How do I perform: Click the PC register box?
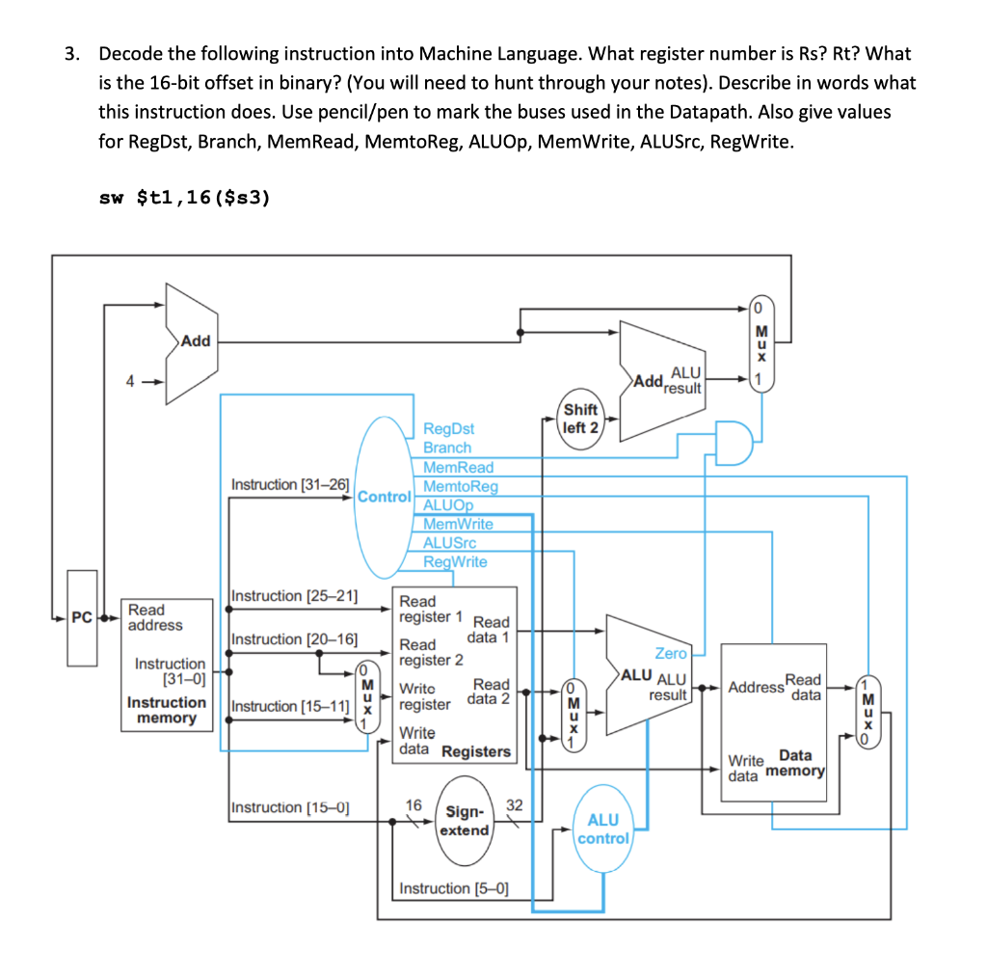[x=82, y=617]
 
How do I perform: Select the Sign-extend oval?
[x=466, y=822]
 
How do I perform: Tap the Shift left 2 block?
[x=580, y=419]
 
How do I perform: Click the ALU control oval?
[x=603, y=828]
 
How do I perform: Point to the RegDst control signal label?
[x=449, y=428]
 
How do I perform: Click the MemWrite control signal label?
[x=459, y=524]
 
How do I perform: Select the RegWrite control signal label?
[x=456, y=561]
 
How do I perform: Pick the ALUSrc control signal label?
[x=450, y=543]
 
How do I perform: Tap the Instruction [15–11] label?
[x=290, y=706]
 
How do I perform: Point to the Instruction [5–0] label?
[x=454, y=887]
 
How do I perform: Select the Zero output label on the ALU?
[x=671, y=653]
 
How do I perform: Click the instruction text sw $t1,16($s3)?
[x=185, y=198]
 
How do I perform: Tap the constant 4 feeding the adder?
[x=127, y=380]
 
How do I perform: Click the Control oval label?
[x=385, y=498]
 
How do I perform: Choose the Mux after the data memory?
[x=869, y=715]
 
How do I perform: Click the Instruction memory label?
[x=167, y=710]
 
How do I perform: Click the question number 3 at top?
[x=71, y=54]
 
